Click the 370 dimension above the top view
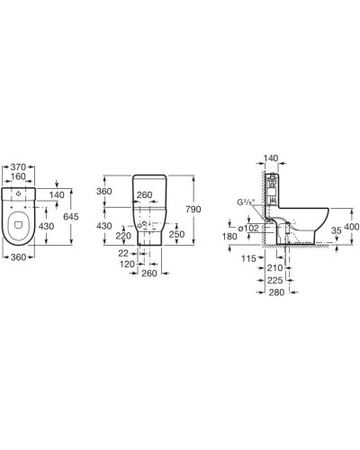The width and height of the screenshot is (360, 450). (18, 166)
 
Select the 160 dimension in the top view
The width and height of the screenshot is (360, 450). (18, 176)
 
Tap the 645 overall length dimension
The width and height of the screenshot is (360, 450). (71, 216)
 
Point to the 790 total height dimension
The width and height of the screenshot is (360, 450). (193, 209)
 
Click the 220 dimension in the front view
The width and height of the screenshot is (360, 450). (123, 236)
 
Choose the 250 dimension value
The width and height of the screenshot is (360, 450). (176, 234)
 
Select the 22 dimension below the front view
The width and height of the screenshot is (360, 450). (123, 254)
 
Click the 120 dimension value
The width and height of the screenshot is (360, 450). (127, 265)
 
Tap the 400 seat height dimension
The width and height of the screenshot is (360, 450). (352, 227)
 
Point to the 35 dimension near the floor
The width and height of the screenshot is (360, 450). (337, 230)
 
